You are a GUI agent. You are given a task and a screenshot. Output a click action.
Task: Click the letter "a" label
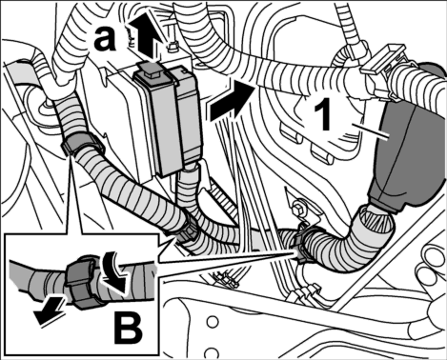(x=105, y=40)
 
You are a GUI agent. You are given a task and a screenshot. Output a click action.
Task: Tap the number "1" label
(x=323, y=113)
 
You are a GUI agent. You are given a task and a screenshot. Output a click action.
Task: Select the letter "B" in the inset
(x=129, y=329)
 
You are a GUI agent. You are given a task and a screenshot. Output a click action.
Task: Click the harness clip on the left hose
(x=82, y=145)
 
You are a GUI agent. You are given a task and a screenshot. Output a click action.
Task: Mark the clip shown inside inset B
(x=83, y=283)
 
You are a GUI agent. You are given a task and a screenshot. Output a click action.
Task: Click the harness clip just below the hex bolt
(x=301, y=245)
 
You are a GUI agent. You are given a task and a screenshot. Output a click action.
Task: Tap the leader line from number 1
(x=375, y=131)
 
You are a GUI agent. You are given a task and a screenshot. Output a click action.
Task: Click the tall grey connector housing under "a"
(x=168, y=119)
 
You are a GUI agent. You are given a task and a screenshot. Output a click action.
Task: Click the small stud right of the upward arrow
(x=173, y=48)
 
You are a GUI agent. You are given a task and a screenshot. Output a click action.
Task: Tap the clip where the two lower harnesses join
(x=188, y=231)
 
